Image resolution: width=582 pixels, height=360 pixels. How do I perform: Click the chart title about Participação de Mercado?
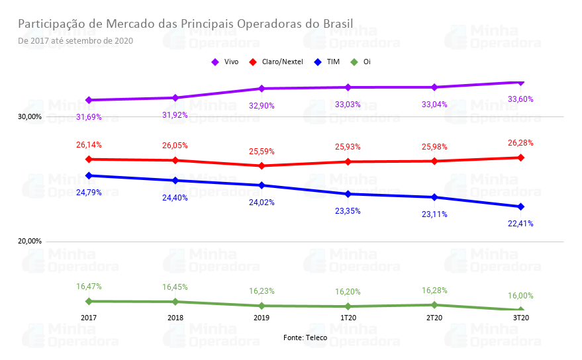point(185,24)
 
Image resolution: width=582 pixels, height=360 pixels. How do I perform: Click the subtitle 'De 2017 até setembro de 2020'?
point(75,40)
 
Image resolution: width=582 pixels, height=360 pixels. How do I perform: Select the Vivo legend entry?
point(225,62)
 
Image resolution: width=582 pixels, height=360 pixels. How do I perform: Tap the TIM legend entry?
point(328,62)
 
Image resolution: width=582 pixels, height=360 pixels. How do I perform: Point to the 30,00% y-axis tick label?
point(30,117)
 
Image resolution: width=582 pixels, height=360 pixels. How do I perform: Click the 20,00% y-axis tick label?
point(30,242)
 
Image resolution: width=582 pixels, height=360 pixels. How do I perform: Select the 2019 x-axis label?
point(262,318)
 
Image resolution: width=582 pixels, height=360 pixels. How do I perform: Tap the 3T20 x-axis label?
point(520,318)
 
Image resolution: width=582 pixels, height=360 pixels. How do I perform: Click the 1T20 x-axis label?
point(348,318)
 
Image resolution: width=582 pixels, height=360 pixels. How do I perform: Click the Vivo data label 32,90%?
point(262,106)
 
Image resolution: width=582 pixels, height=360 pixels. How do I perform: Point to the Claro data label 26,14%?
point(89,145)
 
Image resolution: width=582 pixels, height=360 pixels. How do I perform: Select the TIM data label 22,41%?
point(520,224)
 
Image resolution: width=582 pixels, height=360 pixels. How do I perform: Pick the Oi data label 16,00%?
point(520,296)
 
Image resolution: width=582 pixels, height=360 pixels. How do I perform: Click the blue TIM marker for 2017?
point(89,175)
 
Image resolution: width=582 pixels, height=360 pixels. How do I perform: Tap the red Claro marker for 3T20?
point(520,157)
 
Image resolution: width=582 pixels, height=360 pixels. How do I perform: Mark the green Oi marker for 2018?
point(175,302)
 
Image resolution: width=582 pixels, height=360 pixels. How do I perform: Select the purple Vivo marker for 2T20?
point(434,87)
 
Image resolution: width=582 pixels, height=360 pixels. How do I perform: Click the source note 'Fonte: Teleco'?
point(305,337)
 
